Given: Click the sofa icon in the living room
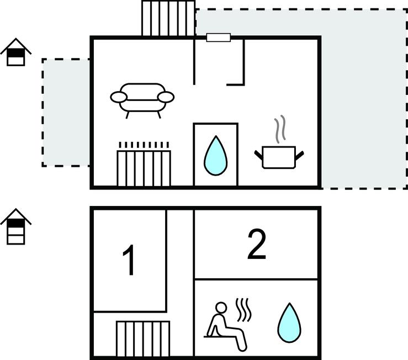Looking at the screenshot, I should [142, 99].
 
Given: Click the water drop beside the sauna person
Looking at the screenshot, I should [288, 321].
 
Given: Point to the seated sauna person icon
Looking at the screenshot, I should [226, 326].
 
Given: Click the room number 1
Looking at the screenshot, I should [129, 261].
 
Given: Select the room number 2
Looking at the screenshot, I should [257, 245].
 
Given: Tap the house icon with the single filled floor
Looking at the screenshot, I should [15, 53].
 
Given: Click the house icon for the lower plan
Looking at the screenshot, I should [15, 227].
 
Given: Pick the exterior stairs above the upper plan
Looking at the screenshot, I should [168, 18].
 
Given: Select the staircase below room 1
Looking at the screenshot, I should [142, 339].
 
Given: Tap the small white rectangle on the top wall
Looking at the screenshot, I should [218, 38].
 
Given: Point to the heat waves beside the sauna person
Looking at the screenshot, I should [243, 310].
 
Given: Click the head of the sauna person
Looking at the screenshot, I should [221, 308].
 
